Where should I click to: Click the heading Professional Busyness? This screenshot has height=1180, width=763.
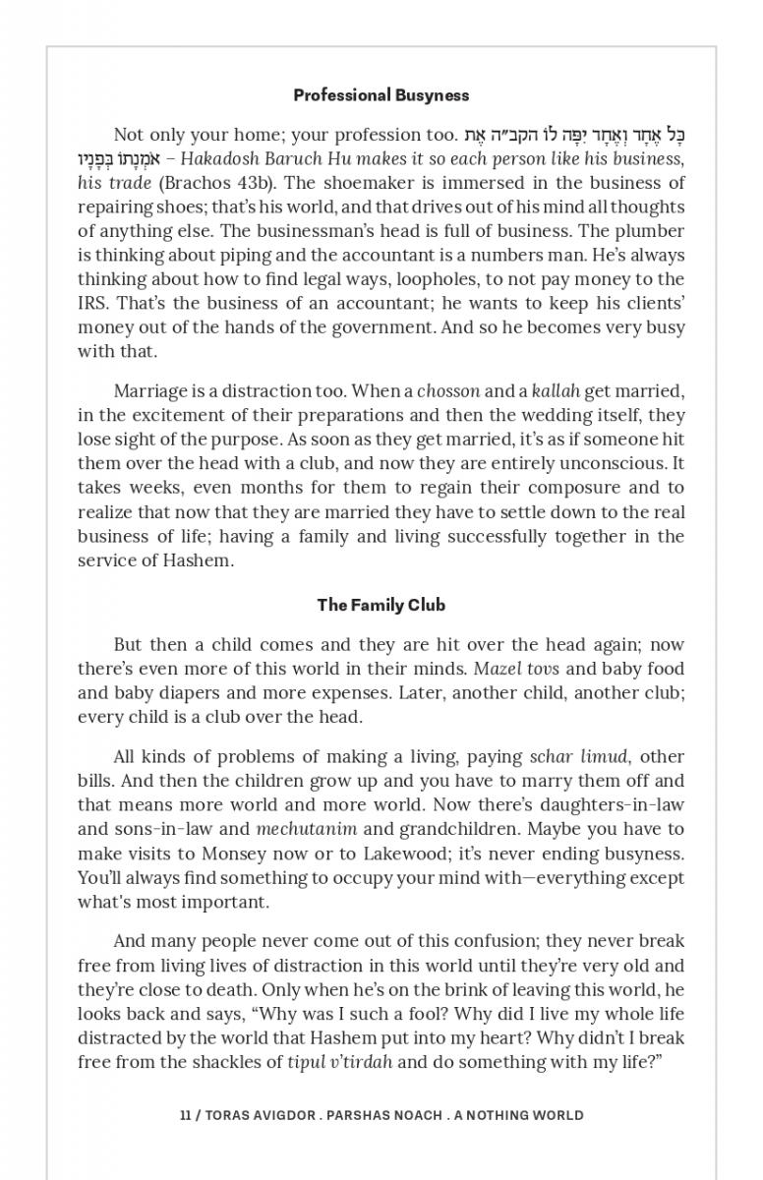click(x=381, y=95)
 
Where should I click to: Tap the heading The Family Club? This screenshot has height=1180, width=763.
click(x=381, y=605)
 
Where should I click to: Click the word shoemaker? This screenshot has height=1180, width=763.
click(x=356, y=183)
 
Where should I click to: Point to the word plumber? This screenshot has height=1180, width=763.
click(x=649, y=231)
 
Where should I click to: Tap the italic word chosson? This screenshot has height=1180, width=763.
click(x=448, y=391)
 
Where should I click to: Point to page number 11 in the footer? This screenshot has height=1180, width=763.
click(x=185, y=1115)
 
